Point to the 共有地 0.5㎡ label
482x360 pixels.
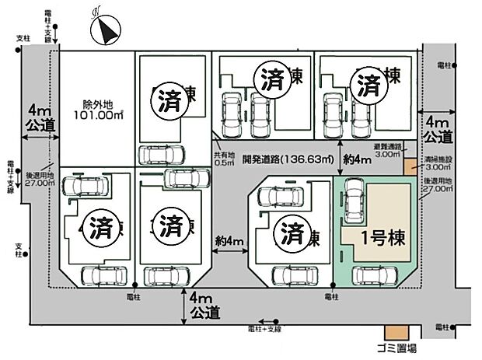[225, 159]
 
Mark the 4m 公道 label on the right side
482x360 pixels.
[438, 130]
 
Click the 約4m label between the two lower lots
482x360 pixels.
[231, 241]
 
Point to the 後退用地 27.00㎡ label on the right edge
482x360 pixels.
[437, 188]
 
